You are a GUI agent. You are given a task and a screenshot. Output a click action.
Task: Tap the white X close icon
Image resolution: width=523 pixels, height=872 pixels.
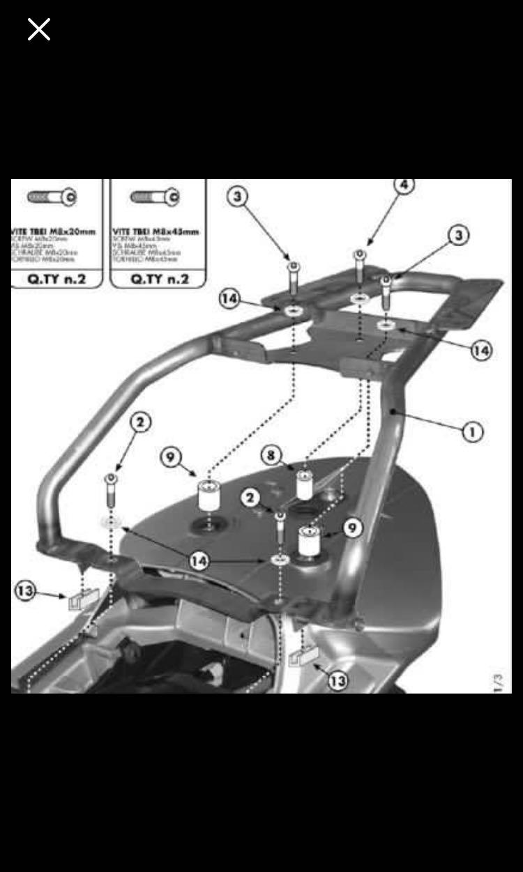pyautogui.click(x=39, y=29)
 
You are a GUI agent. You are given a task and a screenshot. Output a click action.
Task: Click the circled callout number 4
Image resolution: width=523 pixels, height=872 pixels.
pyautogui.click(x=404, y=185)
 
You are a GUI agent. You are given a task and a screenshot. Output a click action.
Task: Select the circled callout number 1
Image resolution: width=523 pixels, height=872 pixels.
pyautogui.click(x=472, y=432)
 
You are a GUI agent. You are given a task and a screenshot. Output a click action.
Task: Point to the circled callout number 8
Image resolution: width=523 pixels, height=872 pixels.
pyautogui.click(x=271, y=456)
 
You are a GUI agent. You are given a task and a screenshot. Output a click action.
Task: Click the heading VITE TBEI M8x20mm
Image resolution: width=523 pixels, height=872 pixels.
pyautogui.click(x=54, y=231)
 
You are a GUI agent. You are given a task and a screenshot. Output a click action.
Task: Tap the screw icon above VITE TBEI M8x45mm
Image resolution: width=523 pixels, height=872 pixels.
pyautogui.click(x=155, y=197)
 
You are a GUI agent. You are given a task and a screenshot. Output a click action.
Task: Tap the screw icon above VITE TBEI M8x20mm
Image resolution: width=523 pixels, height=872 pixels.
pyautogui.click(x=52, y=197)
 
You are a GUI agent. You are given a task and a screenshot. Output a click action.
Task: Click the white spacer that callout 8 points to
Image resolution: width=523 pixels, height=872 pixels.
pyautogui.click(x=304, y=484)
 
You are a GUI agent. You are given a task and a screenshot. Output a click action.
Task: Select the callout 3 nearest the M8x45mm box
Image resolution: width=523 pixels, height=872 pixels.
pyautogui.click(x=238, y=197)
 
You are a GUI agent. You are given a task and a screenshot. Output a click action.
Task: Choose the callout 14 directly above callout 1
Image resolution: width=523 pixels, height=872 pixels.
pyautogui.click(x=480, y=350)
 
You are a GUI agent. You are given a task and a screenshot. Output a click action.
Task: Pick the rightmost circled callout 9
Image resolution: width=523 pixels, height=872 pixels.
pyautogui.click(x=353, y=528)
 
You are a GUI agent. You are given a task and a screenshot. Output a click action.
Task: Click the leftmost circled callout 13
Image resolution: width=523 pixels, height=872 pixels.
pyautogui.click(x=25, y=592)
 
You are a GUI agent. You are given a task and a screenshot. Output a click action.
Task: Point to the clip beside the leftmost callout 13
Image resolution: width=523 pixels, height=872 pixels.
pyautogui.click(x=83, y=599)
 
